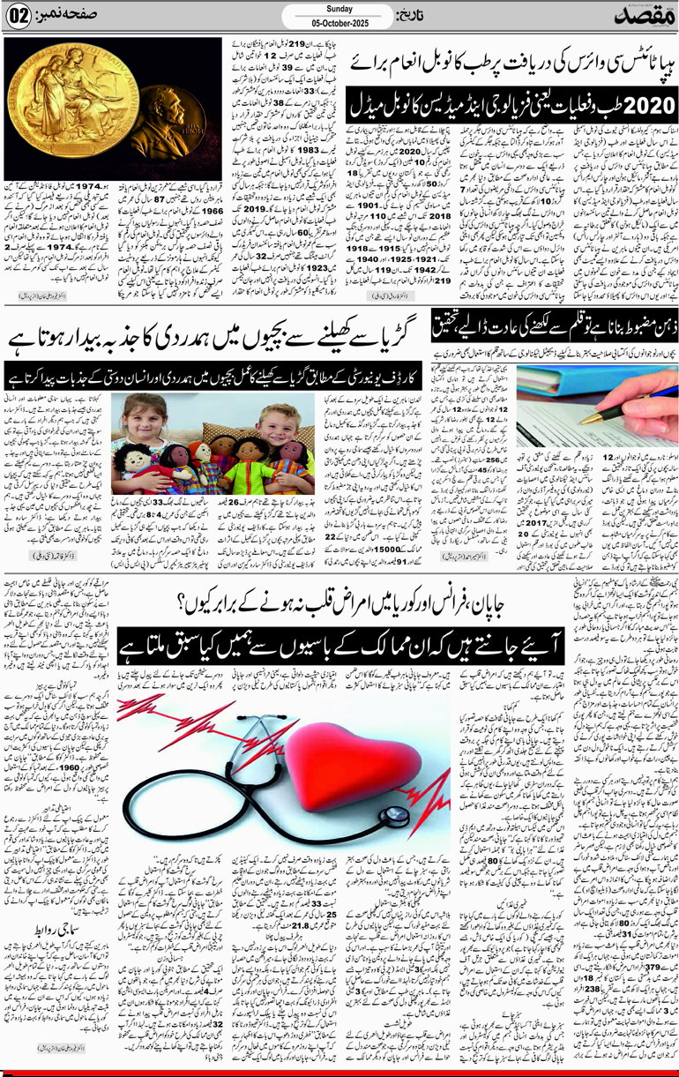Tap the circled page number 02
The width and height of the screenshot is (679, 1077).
20,17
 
